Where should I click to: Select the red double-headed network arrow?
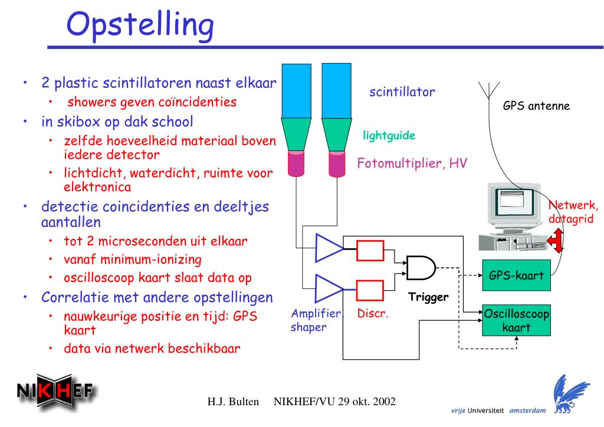pos(555,239)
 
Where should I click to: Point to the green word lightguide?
pos(390,136)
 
